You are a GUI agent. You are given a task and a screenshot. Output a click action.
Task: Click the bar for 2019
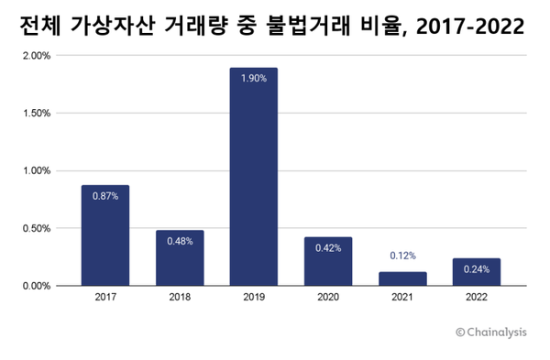[253, 183]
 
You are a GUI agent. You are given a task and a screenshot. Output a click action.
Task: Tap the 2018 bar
[179, 261]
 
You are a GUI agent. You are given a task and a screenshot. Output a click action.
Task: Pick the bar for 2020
[327, 266]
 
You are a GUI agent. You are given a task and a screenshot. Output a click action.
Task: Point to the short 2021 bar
[402, 278]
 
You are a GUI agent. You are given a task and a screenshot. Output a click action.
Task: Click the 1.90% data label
[253, 79]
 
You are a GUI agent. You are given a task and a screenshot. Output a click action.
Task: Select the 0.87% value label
[104, 196]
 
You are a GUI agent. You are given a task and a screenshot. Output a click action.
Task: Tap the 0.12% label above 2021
[402, 256]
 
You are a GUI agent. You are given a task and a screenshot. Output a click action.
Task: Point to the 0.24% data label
[477, 269]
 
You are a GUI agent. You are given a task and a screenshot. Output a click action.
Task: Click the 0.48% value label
[179, 241]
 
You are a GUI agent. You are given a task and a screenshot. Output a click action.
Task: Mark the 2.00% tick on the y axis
[36, 56]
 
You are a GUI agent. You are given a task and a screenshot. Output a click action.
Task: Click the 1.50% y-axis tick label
[36, 114]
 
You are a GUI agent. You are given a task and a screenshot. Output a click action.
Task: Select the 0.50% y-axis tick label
[36, 228]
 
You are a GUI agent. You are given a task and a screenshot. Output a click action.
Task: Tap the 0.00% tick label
[36, 286]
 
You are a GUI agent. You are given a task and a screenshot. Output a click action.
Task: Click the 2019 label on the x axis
[253, 298]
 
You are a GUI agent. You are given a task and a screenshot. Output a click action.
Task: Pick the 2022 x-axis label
[477, 298]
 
